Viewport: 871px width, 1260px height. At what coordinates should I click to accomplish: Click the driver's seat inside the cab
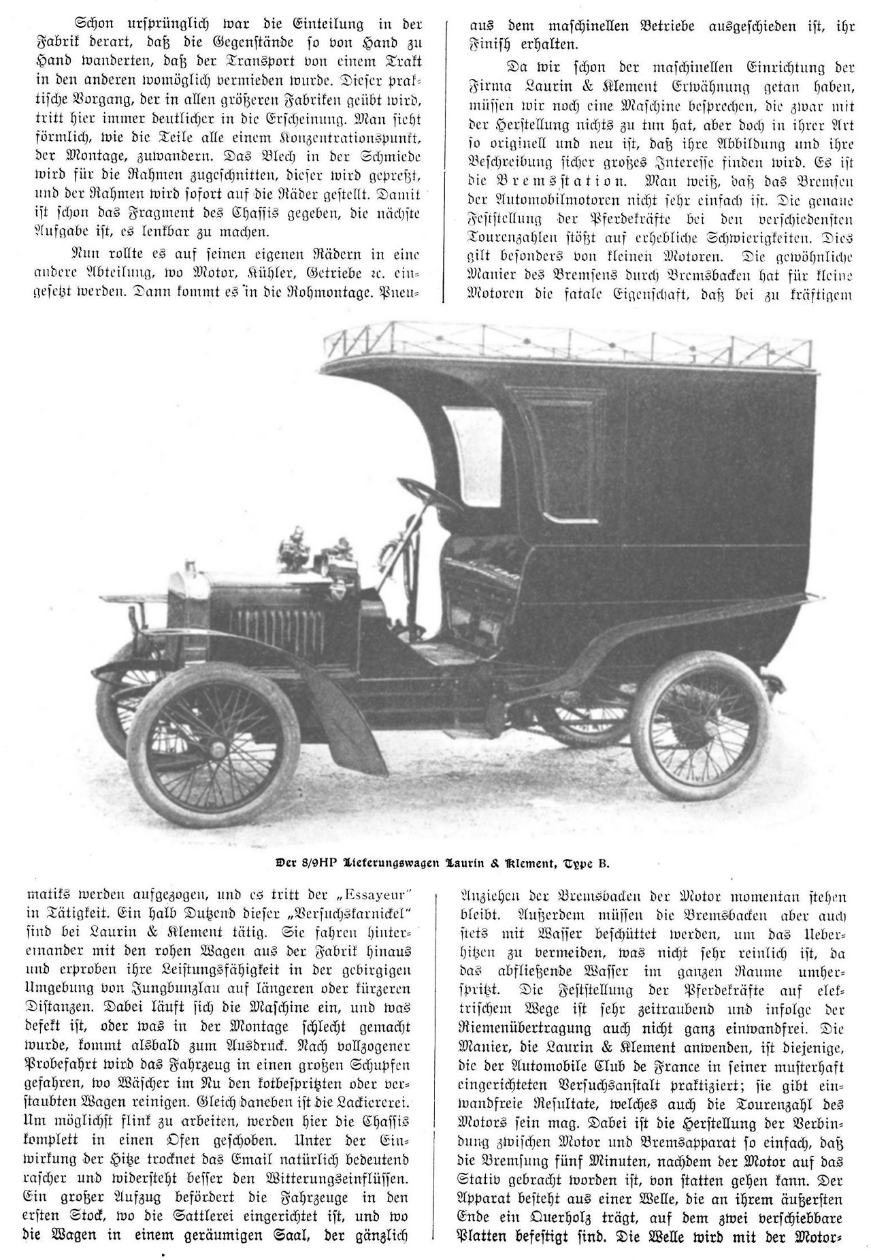476,585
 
